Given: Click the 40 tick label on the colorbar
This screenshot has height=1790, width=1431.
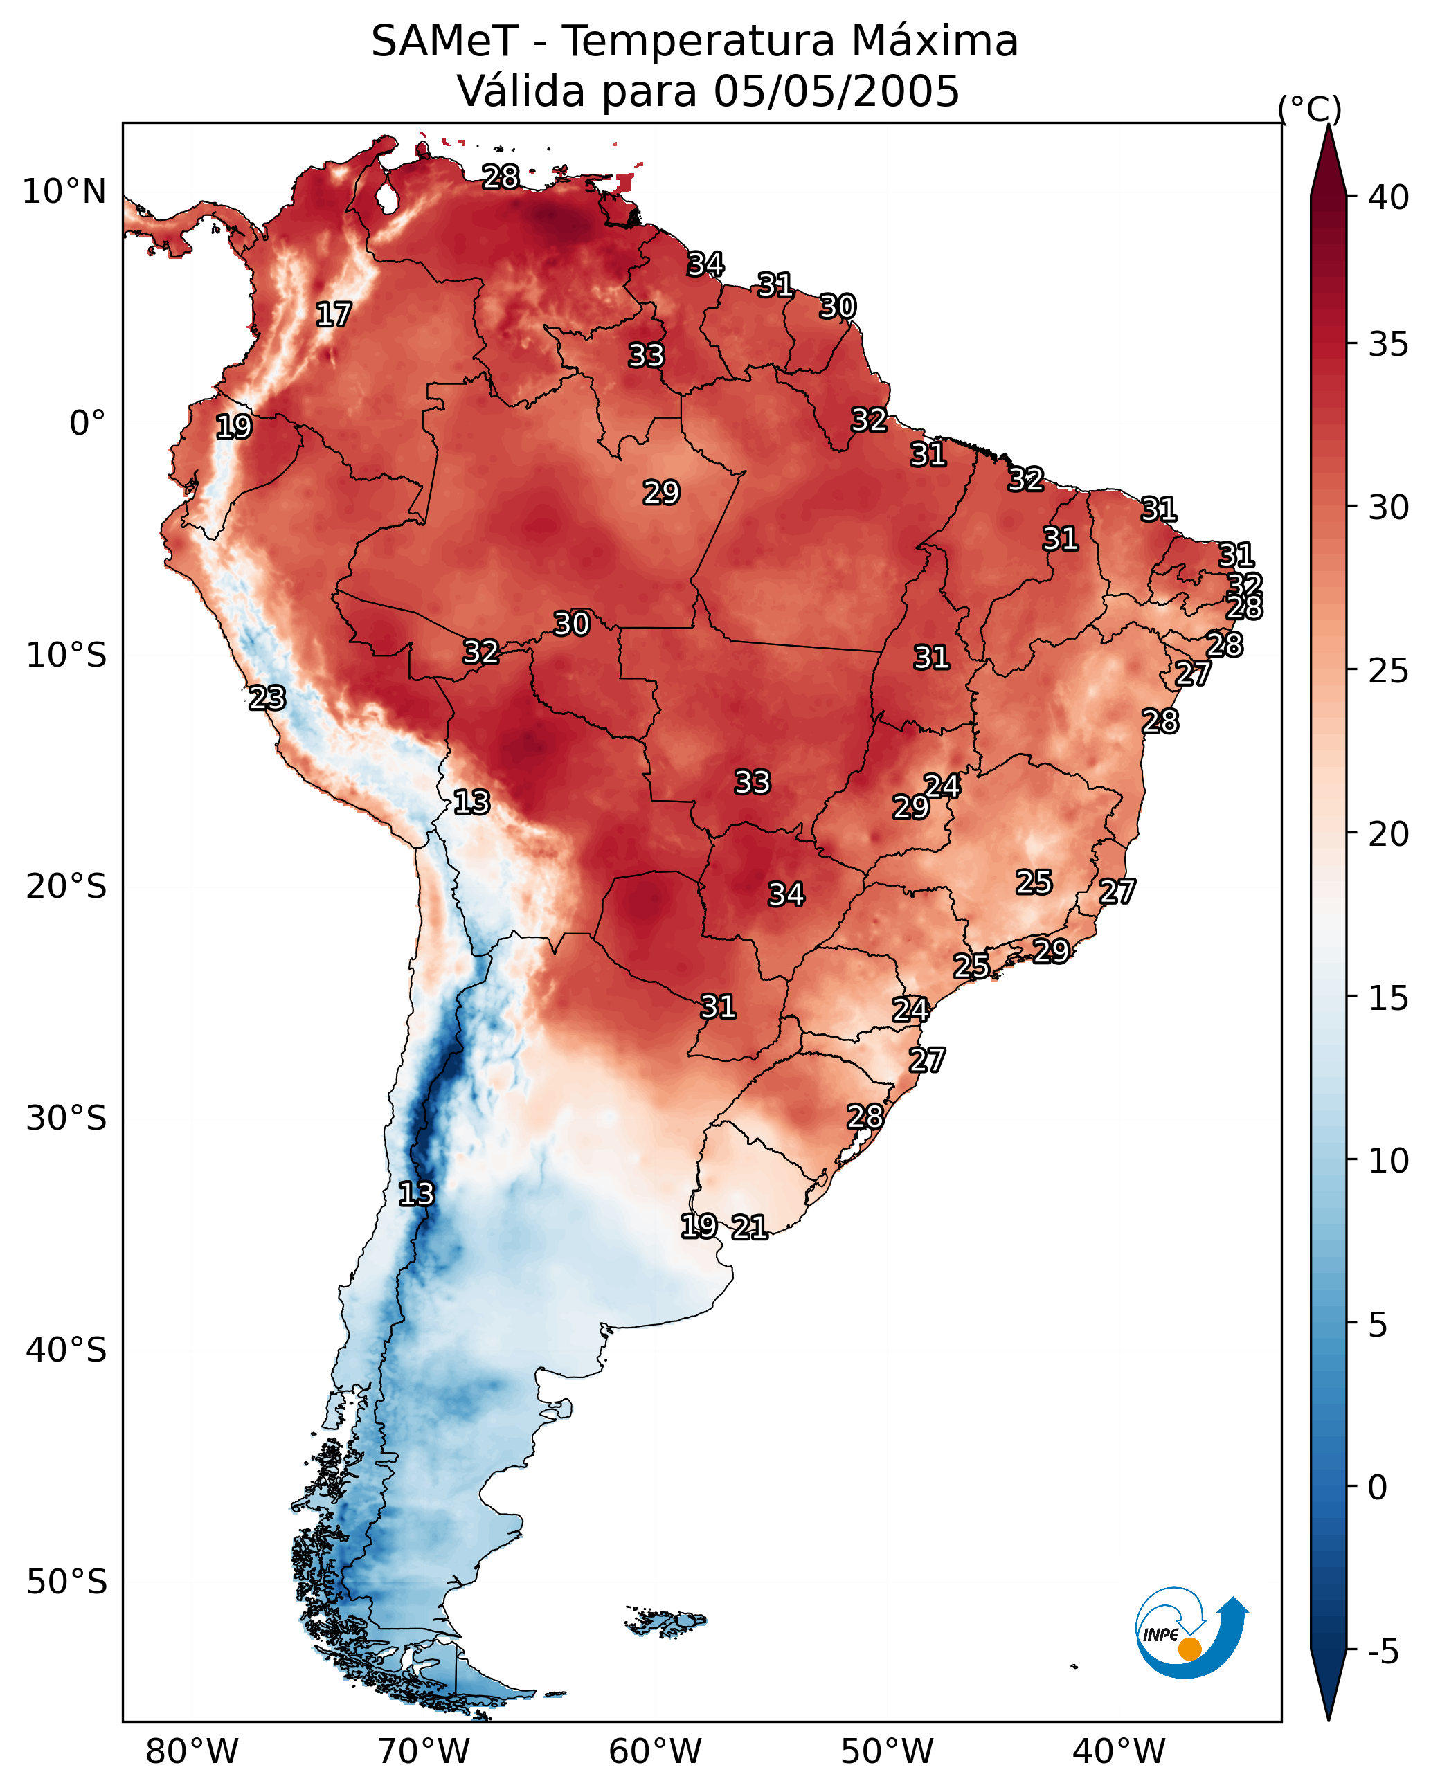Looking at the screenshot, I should pos(1389,197).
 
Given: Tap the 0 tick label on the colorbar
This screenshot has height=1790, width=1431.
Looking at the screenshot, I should pos(1377,1488).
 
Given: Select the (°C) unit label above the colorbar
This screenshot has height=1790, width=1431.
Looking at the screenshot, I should pos(1309,109).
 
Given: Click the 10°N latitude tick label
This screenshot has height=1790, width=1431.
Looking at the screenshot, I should pos(64,192).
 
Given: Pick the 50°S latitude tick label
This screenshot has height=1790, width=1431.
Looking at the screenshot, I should pos(66,1582).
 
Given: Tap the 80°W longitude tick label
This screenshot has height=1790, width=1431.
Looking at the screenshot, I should pos(192,1752).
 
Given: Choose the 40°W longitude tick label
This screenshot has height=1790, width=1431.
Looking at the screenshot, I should pos(1119,1752).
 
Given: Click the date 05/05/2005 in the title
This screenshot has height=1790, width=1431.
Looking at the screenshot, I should pos(836,91).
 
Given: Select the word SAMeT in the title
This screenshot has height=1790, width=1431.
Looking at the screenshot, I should pos(444,41).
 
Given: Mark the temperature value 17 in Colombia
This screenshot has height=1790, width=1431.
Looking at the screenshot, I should pos(334,315).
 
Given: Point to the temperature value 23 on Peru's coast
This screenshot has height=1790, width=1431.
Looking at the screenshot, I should pos(267,698).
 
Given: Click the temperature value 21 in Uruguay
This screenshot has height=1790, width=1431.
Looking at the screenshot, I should pos(749,1227).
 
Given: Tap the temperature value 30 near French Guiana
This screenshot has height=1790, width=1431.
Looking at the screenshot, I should pos(837,307).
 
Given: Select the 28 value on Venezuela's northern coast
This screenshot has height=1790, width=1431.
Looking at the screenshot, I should pos(501,177).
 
